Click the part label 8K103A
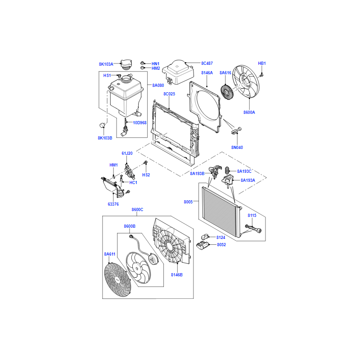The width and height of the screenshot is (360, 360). point(106,64)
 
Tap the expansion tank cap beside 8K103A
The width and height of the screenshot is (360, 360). point(126,65)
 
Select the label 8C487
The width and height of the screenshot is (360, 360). point(207,63)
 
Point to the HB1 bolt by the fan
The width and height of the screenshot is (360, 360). point(261,75)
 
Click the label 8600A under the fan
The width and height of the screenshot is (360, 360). point(249,112)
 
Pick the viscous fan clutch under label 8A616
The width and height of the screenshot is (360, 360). point(227,92)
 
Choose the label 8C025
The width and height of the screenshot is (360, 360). point(169,94)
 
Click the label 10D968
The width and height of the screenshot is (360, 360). point(139,122)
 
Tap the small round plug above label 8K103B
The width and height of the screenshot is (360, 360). point(102,125)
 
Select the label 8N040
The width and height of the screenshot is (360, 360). point(237,148)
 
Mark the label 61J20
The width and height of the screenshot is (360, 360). point(127,153)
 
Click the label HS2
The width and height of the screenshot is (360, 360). point(146,175)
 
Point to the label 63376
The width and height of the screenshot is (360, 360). point(113,204)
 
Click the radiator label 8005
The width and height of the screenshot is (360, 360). point(188,202)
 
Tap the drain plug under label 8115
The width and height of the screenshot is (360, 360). point(254,229)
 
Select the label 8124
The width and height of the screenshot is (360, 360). point(220,238)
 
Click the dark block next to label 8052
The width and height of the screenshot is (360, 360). point(202,245)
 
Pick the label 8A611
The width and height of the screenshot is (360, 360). point(109,254)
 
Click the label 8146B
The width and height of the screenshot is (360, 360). point(177,274)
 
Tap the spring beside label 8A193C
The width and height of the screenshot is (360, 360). point(227,170)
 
